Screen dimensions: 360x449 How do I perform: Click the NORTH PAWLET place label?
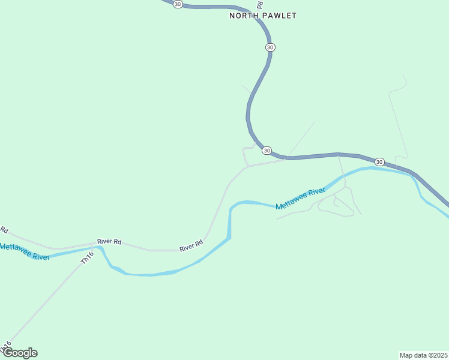tap(263, 16)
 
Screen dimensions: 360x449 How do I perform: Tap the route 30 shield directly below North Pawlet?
tap(270, 47)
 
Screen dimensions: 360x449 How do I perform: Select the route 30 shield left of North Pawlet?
tap(177, 4)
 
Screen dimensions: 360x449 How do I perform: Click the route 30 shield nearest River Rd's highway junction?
tap(267, 150)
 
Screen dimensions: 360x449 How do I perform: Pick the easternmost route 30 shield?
tap(379, 162)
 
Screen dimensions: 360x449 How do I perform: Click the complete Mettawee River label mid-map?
tap(300, 199)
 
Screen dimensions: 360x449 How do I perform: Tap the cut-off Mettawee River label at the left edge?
tap(24, 252)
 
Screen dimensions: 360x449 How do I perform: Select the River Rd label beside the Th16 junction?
tap(109, 241)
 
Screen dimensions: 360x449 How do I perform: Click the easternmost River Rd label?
tap(191, 246)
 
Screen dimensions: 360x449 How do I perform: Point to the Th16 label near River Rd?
tap(87, 258)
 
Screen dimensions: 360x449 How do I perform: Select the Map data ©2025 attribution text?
tap(424, 355)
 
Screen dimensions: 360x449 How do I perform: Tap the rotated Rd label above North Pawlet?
tap(259, 4)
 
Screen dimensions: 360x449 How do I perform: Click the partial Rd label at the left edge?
tap(4, 230)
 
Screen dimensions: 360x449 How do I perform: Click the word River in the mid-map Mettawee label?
tap(316, 193)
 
